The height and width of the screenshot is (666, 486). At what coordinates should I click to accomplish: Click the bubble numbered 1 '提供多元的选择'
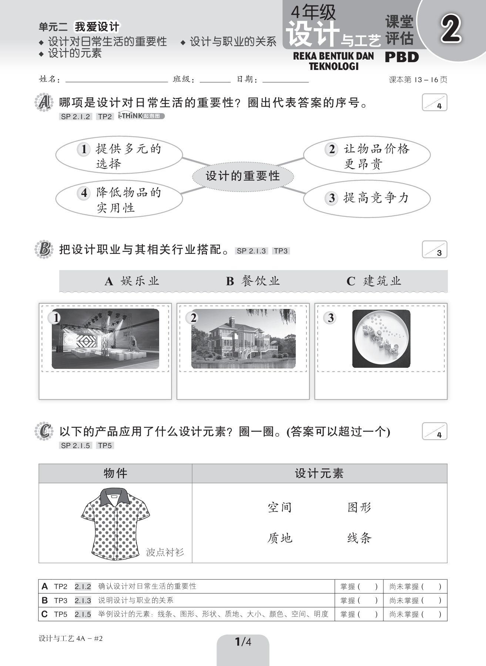point(119,156)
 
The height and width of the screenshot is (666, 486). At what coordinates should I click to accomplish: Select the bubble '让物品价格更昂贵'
point(367,156)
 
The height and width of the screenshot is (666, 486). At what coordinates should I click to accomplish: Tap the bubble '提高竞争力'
point(367,198)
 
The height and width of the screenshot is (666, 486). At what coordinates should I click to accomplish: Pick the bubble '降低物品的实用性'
point(119,199)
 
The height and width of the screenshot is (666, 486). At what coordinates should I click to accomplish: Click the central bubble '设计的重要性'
point(243,176)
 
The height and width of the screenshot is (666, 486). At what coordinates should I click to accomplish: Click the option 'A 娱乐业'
point(132,281)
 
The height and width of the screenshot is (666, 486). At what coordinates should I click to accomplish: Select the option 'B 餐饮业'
point(253,281)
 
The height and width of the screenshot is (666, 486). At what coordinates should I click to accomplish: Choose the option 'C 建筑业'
point(374,281)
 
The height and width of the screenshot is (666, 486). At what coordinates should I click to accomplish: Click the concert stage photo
point(105,339)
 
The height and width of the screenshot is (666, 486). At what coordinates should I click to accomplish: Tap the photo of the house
point(243,339)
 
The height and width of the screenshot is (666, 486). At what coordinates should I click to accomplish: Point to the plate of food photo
point(381,339)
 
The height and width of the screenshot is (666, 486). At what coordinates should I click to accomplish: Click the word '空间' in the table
point(280,507)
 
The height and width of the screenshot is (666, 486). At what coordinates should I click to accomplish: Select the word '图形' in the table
point(359,507)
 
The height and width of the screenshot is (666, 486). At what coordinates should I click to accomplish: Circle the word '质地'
point(280,538)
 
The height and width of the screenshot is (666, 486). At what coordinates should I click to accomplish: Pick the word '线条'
point(359,538)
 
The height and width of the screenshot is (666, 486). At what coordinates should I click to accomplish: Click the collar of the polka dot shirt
point(115,496)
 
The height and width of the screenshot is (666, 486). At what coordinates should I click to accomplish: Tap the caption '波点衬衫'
point(165,552)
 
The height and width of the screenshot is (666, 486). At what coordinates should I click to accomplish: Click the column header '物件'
point(115,473)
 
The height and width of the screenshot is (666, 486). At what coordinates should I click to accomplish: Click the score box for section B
point(435,250)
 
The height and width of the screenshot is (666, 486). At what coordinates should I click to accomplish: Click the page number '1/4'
point(243,642)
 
